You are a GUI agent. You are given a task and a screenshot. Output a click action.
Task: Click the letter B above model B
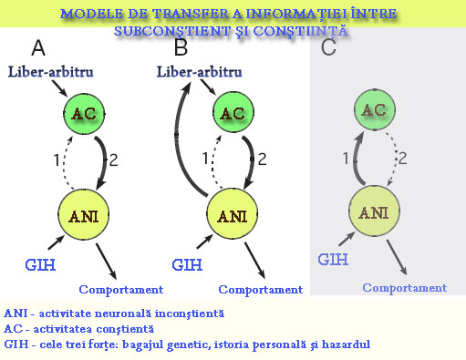tap(181, 47)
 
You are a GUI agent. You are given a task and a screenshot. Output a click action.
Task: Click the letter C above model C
tap(329, 47)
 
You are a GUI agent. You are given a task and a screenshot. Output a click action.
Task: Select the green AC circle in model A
tap(83, 114)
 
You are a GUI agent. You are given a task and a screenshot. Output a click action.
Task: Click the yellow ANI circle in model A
tap(83, 215)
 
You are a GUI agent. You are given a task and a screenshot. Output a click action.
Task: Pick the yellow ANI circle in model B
tap(234, 215)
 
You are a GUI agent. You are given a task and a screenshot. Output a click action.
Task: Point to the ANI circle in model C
tap(375, 211)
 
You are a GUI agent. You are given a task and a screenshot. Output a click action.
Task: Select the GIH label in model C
tap(333, 260)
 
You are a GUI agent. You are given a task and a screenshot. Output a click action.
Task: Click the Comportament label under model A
tap(120, 290)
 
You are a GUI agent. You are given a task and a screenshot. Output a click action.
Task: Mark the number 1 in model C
tap(345, 159)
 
